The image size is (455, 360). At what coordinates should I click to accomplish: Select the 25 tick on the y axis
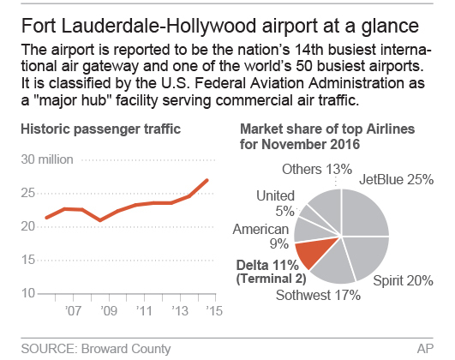click(28, 193)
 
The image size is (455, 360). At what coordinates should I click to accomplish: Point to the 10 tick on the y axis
click(28, 293)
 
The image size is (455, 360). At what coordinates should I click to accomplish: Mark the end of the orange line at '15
click(207, 179)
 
